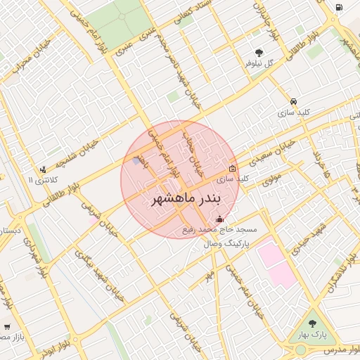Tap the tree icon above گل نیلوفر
pos(260,52)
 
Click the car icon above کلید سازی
pos(293,101)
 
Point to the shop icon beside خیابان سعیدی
pos(233,168)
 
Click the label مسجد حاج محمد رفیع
pos(220,230)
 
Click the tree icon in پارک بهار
pos(313,323)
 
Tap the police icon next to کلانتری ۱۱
pos(44,169)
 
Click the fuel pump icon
pos(340,7)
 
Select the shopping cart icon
pos(6,326)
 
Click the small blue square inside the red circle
pos(136,162)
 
